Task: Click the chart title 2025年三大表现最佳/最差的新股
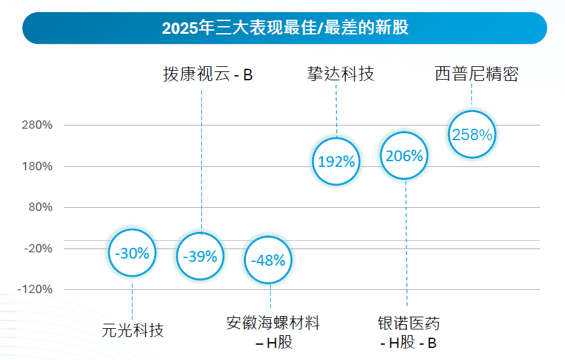pyautogui.click(x=285, y=28)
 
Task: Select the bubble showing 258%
pyautogui.click(x=472, y=134)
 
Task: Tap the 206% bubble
pyautogui.click(x=404, y=155)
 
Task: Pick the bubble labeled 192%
pyautogui.click(x=336, y=161)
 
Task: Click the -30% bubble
pyautogui.click(x=132, y=253)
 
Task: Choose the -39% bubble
pyautogui.click(x=200, y=256)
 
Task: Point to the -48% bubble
pyautogui.click(x=269, y=260)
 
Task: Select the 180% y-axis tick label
pyautogui.click(x=39, y=167)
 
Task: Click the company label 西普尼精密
pyautogui.click(x=476, y=75)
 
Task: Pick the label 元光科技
pyautogui.click(x=132, y=330)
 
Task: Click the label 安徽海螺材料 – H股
pyautogui.click(x=273, y=332)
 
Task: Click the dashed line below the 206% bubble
pyautogui.click(x=406, y=242)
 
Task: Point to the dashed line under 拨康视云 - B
pyautogui.click(x=201, y=159)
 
